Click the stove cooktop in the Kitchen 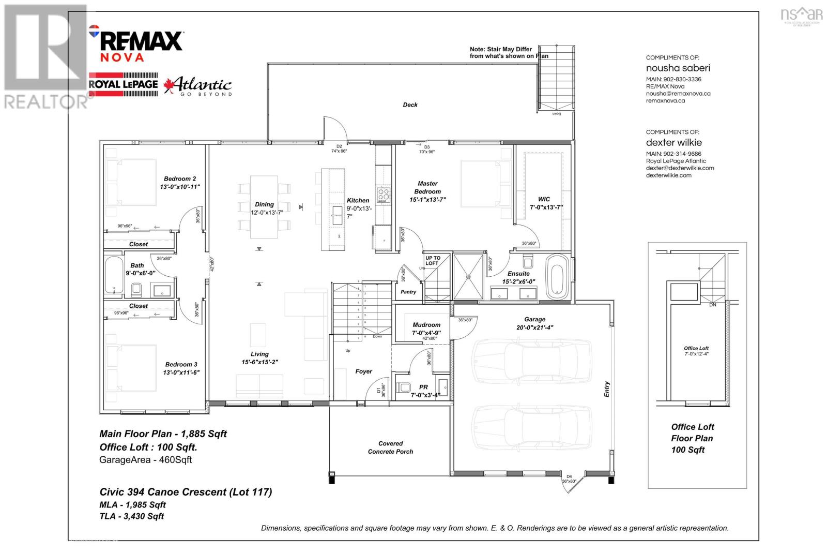pyautogui.click(x=384, y=195)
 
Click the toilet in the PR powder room pyautogui.click(x=404, y=387)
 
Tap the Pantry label pyautogui.click(x=408, y=292)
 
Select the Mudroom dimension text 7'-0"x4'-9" pyautogui.click(x=426, y=333)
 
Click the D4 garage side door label pyautogui.click(x=569, y=476)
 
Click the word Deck pyautogui.click(x=410, y=105)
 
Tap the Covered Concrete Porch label pyautogui.click(x=390, y=447)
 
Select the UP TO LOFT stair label pyautogui.click(x=433, y=260)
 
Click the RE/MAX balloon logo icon pyautogui.click(x=94, y=31)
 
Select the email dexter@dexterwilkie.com pyautogui.click(x=680, y=168)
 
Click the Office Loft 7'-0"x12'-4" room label pyautogui.click(x=696, y=351)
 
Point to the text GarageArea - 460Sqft pyautogui.click(x=145, y=459)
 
